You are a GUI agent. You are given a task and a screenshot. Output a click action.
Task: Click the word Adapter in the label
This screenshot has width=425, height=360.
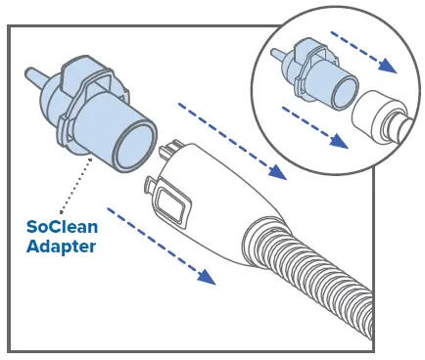click(x=61, y=247)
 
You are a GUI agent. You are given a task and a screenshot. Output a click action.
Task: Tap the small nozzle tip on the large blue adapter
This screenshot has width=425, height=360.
click(x=29, y=74)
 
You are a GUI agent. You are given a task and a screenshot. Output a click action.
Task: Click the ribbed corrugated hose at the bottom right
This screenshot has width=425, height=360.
click(x=323, y=284)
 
